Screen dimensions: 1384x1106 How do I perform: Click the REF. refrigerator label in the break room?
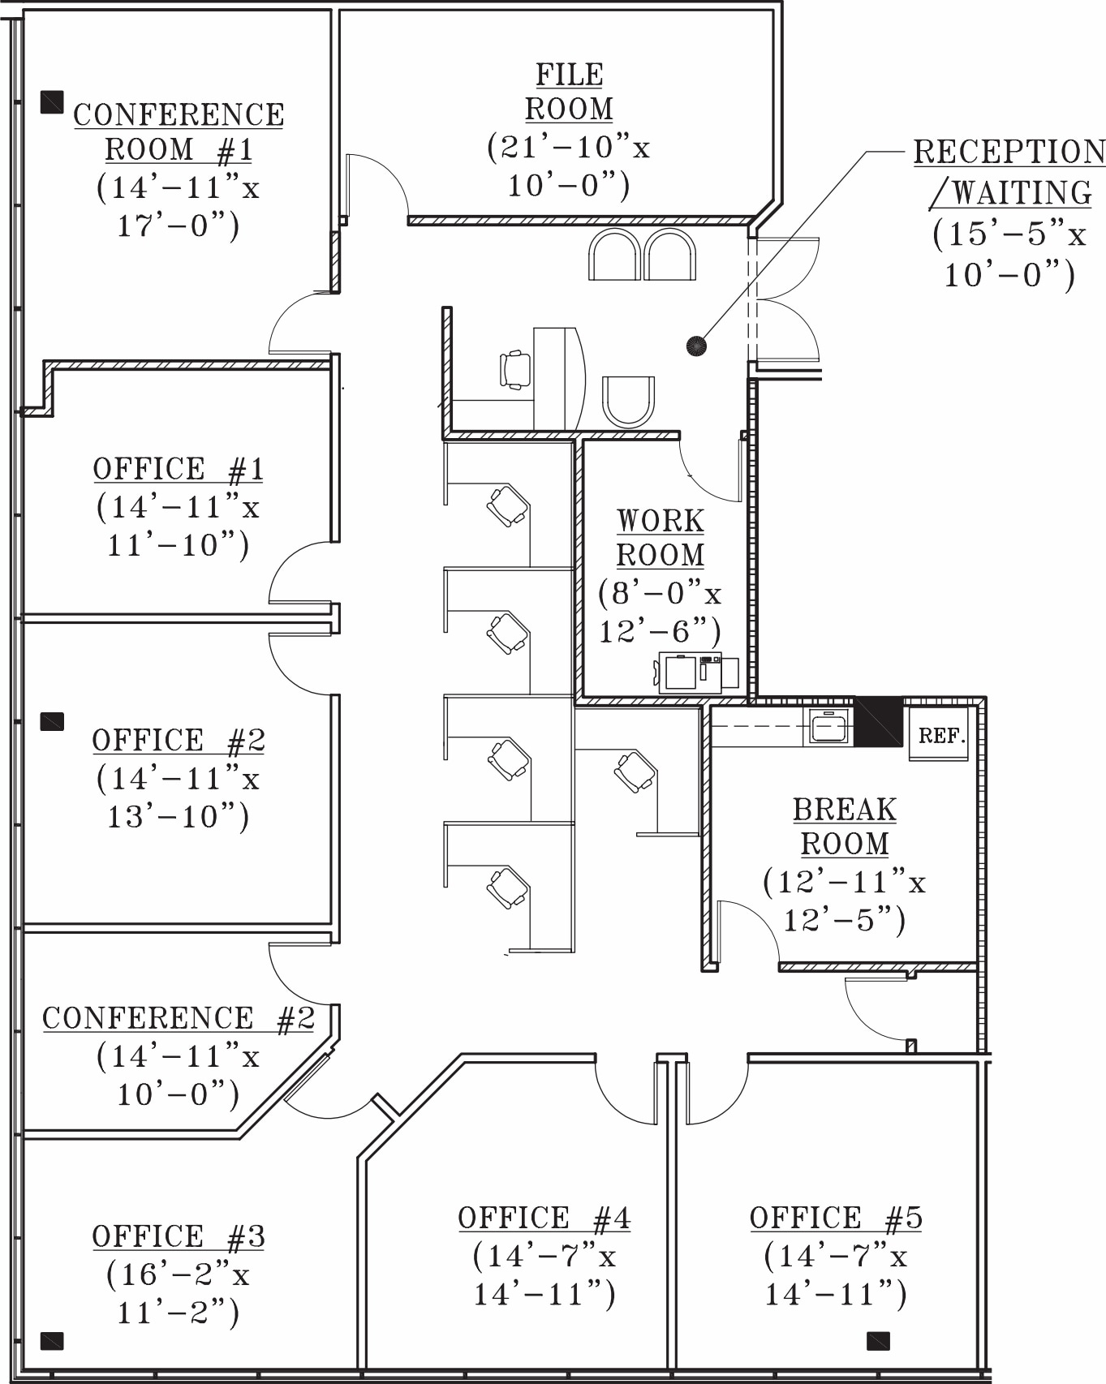940,736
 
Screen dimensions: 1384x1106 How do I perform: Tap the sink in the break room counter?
828,726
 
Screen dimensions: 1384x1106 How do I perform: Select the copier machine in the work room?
690,673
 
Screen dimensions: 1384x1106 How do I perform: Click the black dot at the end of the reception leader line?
696,346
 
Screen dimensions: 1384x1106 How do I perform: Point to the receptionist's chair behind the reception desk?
515,370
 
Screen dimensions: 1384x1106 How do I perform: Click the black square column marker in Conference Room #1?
52,101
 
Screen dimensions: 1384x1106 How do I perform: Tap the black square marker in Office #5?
878,1340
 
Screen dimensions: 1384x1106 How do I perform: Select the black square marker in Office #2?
52,721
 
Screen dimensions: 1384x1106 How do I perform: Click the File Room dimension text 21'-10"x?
568,148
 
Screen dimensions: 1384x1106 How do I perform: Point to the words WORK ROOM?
660,538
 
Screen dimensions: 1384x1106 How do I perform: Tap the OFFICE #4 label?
544,1218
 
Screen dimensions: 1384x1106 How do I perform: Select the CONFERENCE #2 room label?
178,1018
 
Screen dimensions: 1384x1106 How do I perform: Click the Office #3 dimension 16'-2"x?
178,1274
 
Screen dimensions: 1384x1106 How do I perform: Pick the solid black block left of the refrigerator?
879,721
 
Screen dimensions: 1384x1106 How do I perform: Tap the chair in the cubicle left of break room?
634,771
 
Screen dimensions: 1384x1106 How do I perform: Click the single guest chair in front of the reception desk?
628,401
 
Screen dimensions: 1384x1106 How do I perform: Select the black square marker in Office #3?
52,1340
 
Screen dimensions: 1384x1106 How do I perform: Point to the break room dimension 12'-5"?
843,920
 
